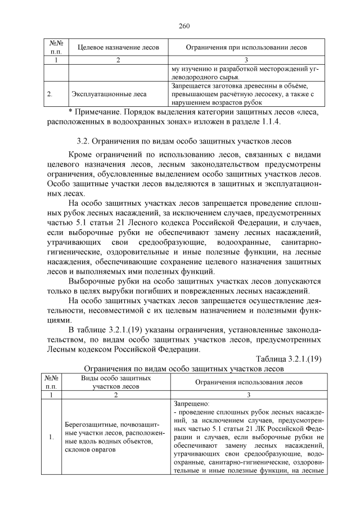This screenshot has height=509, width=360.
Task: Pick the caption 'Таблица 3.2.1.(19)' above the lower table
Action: pyautogui.click(x=289, y=359)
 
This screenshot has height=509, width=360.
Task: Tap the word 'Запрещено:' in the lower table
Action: pyautogui.click(x=191, y=403)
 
